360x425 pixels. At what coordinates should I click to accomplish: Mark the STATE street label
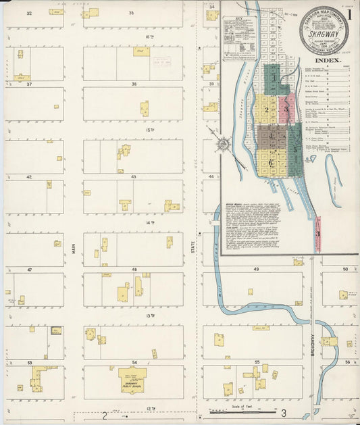pyautogui.click(x=192, y=247)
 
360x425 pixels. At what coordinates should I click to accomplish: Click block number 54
pyautogui.click(x=134, y=363)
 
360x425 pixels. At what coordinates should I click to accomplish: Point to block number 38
pyautogui.click(x=134, y=84)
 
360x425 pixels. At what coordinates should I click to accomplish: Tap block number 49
pyautogui.click(x=257, y=269)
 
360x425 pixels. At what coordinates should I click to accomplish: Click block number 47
pyautogui.click(x=30, y=269)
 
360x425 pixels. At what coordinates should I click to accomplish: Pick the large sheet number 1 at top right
pyautogui.click(x=350, y=14)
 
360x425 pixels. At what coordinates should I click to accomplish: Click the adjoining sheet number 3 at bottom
pyautogui.click(x=284, y=413)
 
